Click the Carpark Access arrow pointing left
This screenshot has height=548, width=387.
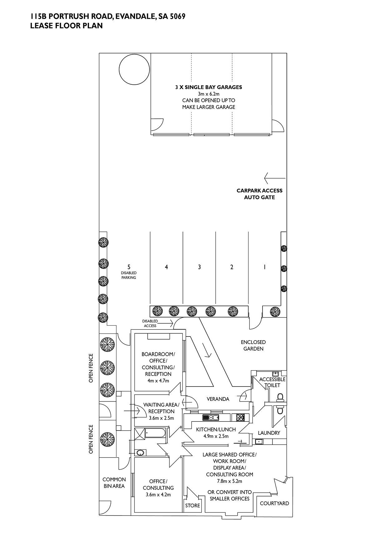(x=275, y=178)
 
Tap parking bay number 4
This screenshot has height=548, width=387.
(x=166, y=267)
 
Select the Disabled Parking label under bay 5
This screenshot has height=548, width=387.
(x=129, y=275)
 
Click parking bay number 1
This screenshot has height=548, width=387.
(x=265, y=267)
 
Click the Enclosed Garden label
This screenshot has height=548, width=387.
(x=253, y=345)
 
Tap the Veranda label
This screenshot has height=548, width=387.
(x=218, y=399)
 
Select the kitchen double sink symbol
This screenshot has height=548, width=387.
(x=211, y=417)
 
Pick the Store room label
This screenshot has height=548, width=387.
(x=193, y=506)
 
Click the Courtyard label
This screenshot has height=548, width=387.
(x=274, y=503)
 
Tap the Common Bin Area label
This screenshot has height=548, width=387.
(x=114, y=483)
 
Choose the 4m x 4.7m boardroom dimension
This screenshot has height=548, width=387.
(x=158, y=381)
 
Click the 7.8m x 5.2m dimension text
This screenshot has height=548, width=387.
(x=229, y=481)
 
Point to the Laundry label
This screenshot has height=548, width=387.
(x=269, y=433)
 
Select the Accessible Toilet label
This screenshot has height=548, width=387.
(x=272, y=382)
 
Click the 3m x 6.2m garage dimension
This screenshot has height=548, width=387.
(x=208, y=94)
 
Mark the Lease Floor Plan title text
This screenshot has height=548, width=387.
(x=66, y=26)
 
